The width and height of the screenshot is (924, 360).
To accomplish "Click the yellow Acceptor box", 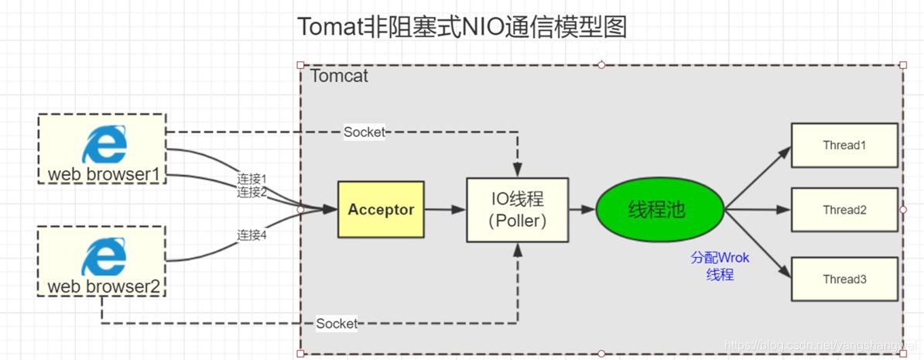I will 381,210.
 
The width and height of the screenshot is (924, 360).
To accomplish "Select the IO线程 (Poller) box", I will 518,210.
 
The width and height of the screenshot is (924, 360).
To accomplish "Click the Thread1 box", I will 844,145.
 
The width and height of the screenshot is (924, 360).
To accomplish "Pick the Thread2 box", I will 844,210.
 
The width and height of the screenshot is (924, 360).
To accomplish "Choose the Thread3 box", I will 844,279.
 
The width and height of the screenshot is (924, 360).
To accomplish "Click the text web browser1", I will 103,174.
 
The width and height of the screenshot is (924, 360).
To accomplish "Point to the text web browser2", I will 103,286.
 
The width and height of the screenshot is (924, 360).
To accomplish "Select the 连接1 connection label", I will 252,179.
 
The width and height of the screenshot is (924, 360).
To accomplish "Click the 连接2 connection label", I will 252,192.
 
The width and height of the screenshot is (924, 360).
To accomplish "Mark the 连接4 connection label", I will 252,235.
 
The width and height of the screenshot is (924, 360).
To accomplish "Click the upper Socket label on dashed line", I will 364,132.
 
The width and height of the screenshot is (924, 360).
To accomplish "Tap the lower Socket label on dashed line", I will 337,323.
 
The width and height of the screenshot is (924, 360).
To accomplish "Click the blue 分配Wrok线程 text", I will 720,266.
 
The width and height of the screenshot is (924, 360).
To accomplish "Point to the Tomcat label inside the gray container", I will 339,77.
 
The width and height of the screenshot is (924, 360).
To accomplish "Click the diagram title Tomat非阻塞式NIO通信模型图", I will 461,27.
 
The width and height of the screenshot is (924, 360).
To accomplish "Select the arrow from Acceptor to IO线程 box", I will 444,210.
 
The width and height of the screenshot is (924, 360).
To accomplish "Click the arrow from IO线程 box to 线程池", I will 582,210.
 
